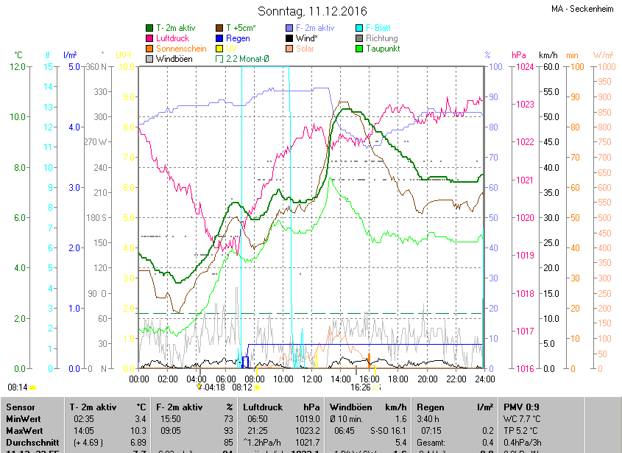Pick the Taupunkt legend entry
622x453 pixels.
pyautogui.click(x=382, y=49)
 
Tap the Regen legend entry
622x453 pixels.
pyautogui.click(x=237, y=38)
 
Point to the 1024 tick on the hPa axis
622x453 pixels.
pyautogui.click(x=525, y=67)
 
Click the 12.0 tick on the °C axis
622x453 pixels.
pyautogui.click(x=19, y=67)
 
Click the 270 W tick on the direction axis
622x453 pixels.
pyautogui.click(x=96, y=142)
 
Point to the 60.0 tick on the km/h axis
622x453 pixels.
pyautogui.click(x=548, y=67)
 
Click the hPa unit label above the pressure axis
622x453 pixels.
pyautogui.click(x=518, y=55)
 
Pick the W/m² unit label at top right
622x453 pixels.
pyautogui.click(x=603, y=55)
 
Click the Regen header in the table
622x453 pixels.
pyautogui.click(x=430, y=407)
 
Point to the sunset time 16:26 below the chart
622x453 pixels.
pyautogui.click(x=360, y=387)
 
